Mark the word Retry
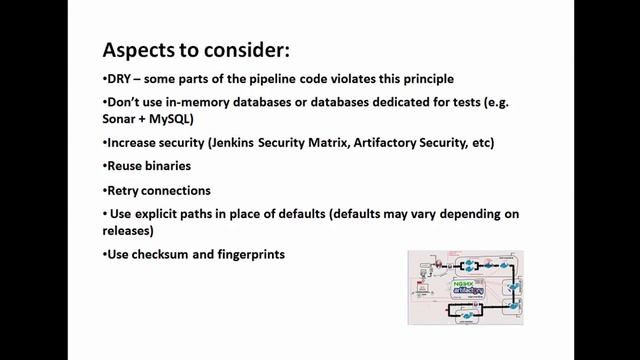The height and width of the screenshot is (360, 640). point(124,190)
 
